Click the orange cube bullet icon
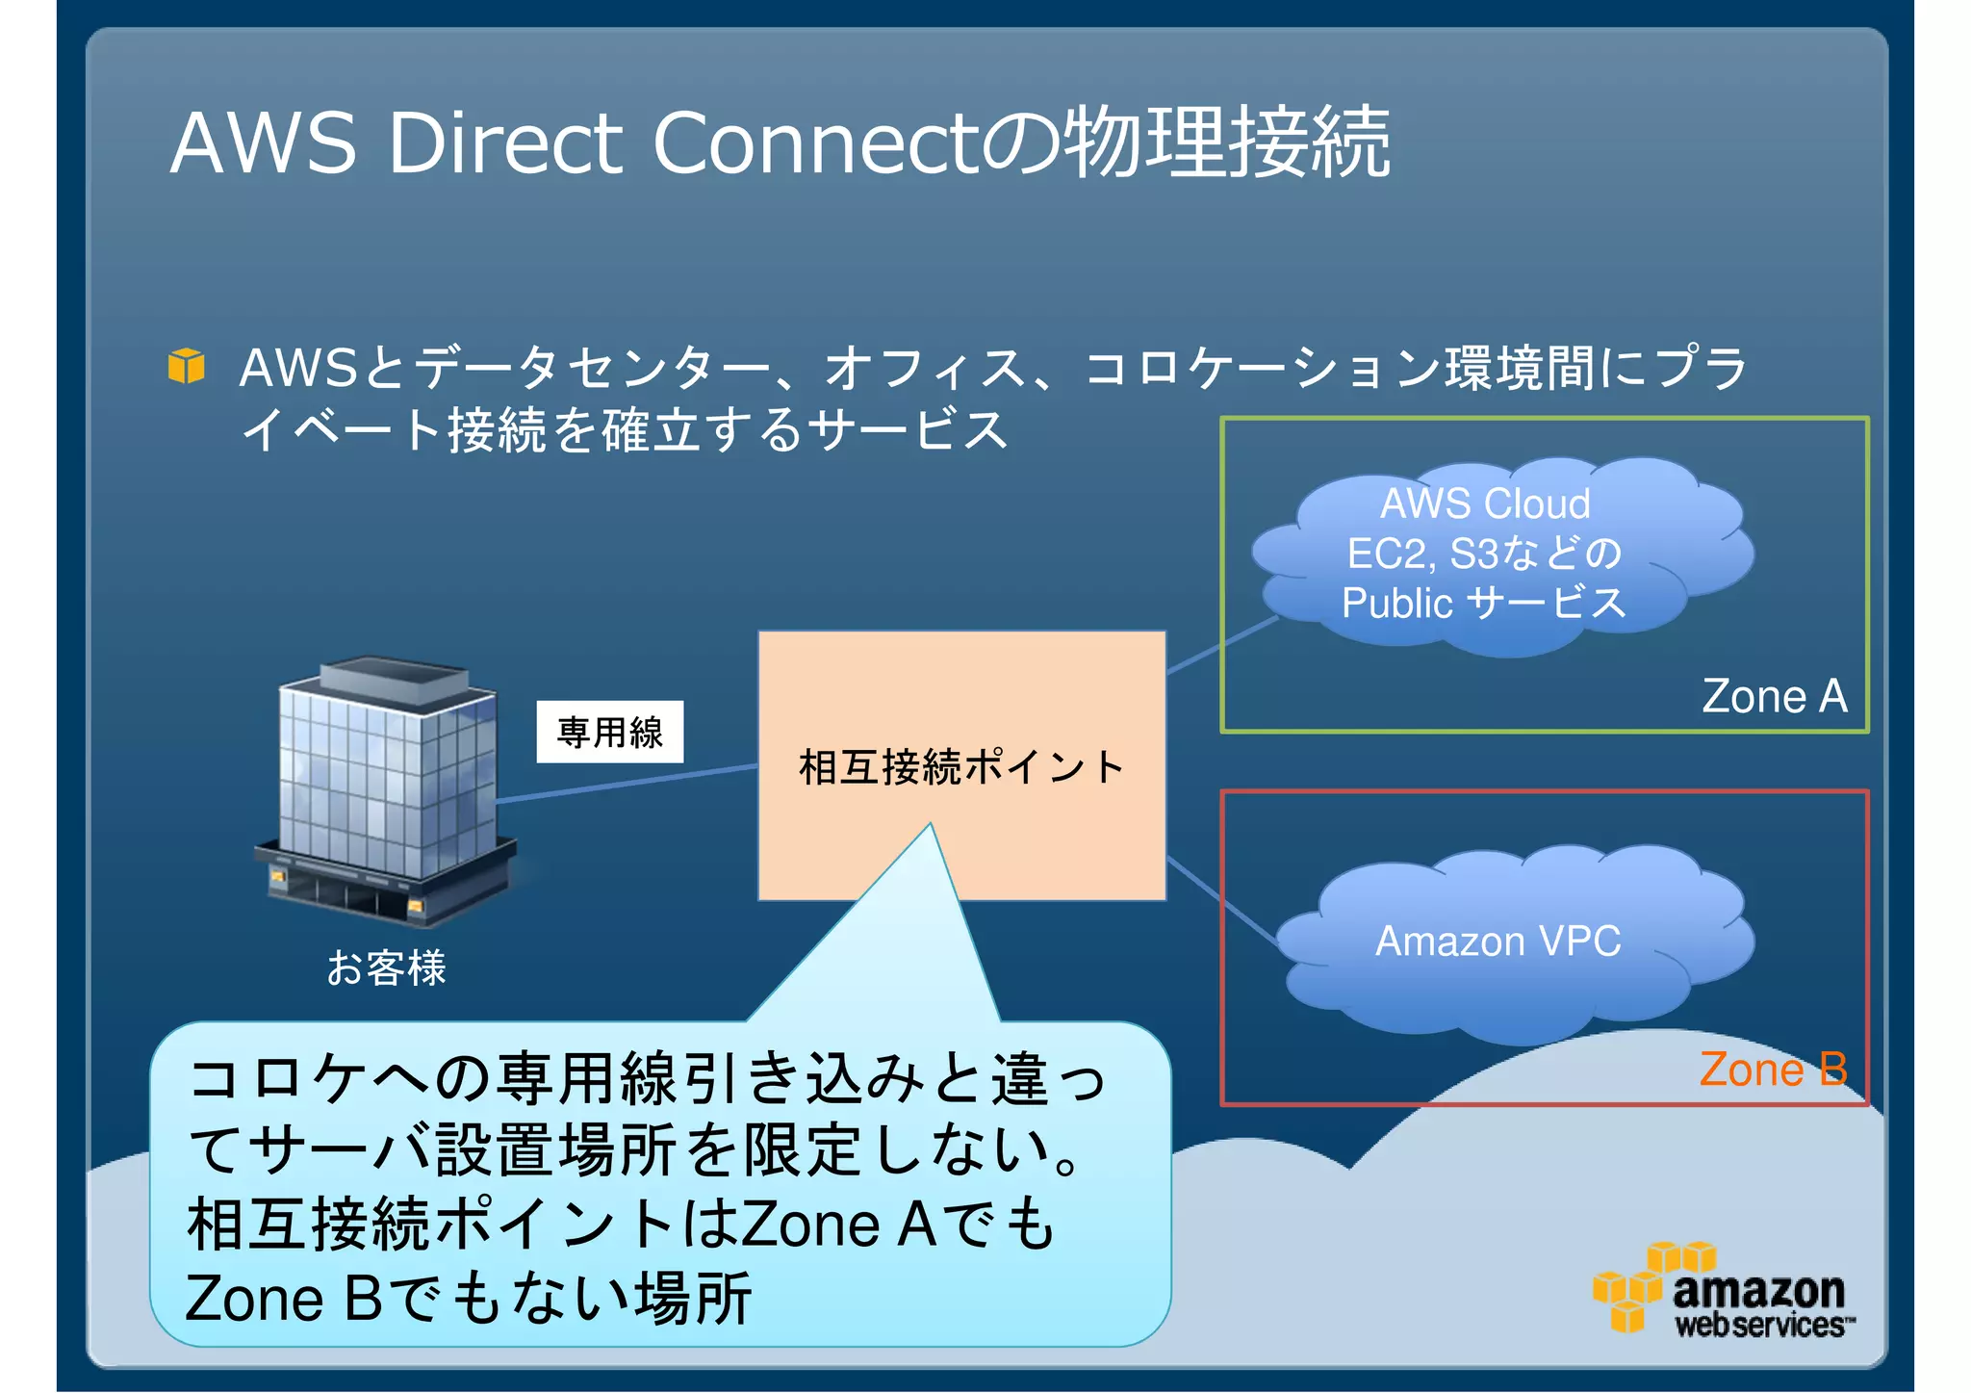[x=186, y=366]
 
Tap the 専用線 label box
[x=610, y=732]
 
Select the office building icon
[x=385, y=789]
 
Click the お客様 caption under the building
[x=386, y=967]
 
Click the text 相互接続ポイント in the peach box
[x=961, y=767]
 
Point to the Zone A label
[x=1774, y=696]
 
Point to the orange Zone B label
[x=1773, y=1070]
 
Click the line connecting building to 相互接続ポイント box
[x=626, y=783]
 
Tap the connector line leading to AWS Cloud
[x=1222, y=645]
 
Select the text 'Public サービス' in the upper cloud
[x=1483, y=604]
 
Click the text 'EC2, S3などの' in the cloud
[x=1483, y=554]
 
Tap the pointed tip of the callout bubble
[x=931, y=828]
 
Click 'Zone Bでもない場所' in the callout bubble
[x=468, y=1299]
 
